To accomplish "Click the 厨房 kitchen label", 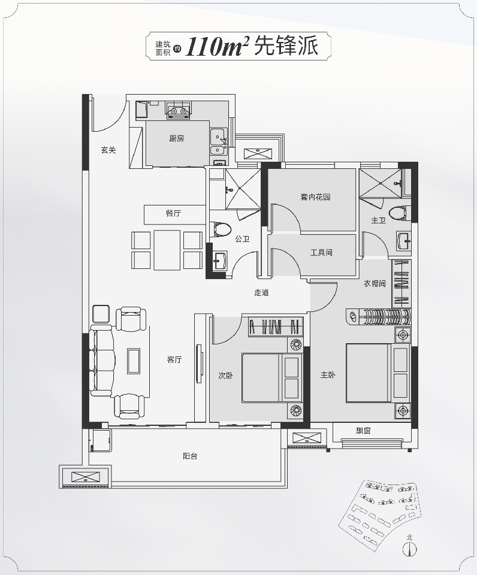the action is [177, 138].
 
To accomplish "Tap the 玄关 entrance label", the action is [108, 150].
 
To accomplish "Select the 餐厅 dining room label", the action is [173, 213].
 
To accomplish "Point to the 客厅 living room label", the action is [174, 359].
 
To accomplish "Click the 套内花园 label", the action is [315, 197].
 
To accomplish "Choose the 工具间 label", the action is [321, 252].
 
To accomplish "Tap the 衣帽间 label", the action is [375, 283].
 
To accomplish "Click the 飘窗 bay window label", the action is [363, 431].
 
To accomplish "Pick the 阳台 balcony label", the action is [190, 456].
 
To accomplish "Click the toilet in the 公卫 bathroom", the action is [222, 229].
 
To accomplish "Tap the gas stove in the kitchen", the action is [179, 110].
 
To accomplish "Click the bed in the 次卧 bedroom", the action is [272, 378].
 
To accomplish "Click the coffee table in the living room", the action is [134, 361].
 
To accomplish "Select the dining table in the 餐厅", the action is [167, 250].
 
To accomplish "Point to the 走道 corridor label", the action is [262, 293].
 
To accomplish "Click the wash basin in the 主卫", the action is [404, 241].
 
